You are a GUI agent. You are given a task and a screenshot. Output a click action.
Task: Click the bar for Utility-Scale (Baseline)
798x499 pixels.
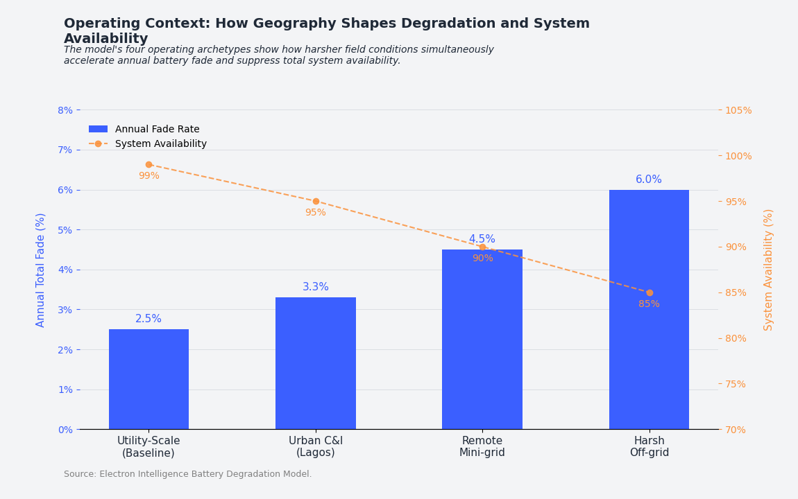point(148,379)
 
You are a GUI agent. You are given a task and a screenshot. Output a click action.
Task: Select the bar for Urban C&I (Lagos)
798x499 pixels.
point(316,363)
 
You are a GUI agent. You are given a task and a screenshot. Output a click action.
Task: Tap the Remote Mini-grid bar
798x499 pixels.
point(482,340)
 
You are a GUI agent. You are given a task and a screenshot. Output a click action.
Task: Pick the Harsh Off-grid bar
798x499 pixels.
point(649,309)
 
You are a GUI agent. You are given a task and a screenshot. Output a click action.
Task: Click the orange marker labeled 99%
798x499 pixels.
point(148,164)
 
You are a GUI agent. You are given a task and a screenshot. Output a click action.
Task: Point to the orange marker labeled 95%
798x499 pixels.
point(316,201)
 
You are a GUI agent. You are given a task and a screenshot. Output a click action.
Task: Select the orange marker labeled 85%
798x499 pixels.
point(650,292)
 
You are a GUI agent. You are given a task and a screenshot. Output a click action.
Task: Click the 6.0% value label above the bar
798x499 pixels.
point(649,180)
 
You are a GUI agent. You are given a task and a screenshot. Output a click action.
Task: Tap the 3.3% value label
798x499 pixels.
point(316,287)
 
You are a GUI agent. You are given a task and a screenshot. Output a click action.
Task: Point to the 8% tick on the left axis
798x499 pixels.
point(65,110)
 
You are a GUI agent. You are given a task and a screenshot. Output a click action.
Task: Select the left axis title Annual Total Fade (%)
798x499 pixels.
point(41,270)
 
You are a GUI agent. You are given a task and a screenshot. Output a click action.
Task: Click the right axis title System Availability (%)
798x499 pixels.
point(769,270)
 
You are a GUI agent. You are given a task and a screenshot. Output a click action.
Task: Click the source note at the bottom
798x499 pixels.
point(187,474)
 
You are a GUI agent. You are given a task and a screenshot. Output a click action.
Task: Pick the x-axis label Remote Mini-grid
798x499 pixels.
point(482,447)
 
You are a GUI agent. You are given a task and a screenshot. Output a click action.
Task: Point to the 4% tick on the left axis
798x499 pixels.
point(65,270)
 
